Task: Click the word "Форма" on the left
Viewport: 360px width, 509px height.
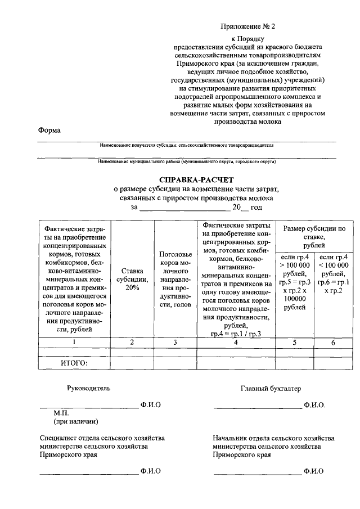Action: pyautogui.click(x=49, y=130)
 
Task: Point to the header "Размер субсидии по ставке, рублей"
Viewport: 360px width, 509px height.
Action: pyautogui.click(x=314, y=237)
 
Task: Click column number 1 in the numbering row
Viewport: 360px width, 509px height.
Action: pyautogui.click(x=74, y=341)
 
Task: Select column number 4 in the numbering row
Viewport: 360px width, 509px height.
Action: pyautogui.click(x=235, y=341)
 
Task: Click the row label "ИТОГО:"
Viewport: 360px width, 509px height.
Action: pyautogui.click(x=74, y=363)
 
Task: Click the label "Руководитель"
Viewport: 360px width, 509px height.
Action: pyautogui.click(x=85, y=388)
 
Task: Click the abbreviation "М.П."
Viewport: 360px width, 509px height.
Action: pyautogui.click(x=61, y=413)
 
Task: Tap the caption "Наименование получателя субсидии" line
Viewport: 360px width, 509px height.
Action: pyautogui.click(x=186, y=145)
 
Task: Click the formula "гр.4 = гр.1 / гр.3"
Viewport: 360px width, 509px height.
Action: pyautogui.click(x=234, y=334)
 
